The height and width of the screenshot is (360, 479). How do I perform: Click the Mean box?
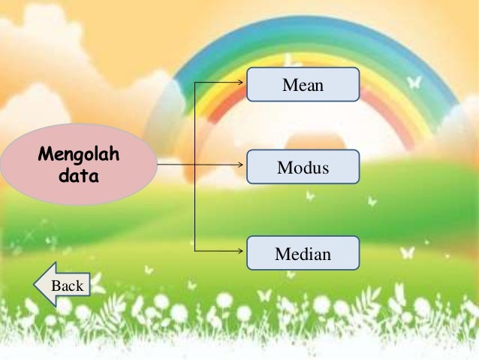(x=303, y=85)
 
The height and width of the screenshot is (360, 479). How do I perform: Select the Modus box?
(x=303, y=167)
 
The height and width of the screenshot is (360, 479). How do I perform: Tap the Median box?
(x=303, y=253)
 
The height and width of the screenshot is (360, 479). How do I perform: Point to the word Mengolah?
(x=79, y=156)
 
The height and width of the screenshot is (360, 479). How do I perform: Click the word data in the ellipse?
(x=79, y=175)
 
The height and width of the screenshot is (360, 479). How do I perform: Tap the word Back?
(x=67, y=286)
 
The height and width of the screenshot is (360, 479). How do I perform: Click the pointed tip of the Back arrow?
(x=35, y=285)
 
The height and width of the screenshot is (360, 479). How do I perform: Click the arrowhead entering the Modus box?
(x=244, y=162)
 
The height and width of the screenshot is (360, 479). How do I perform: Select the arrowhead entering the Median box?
(x=244, y=250)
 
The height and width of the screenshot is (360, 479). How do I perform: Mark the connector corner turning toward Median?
(x=195, y=250)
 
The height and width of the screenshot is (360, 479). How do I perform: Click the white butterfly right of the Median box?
(x=406, y=253)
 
